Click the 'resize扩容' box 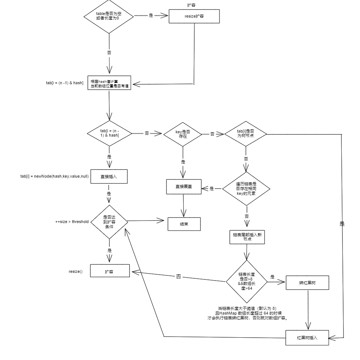(194, 16)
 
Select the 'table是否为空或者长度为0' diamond (109, 16)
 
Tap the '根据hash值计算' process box (109, 83)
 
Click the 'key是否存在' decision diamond (183, 134)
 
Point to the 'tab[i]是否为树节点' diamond (245, 134)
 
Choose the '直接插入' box (109, 177)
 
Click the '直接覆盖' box (184, 187)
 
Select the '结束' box (184, 224)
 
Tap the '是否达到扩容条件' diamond (109, 222)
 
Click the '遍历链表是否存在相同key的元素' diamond (246, 189)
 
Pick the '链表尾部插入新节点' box (247, 237)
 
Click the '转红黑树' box (307, 282)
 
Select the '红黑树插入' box (307, 338)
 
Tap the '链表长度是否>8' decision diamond (247, 281)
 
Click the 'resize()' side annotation (75, 271)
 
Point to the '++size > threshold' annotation (72, 222)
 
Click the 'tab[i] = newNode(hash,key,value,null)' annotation (55, 176)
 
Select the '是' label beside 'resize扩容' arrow (151, 15)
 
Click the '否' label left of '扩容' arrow (179, 277)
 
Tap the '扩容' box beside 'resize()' (110, 271)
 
